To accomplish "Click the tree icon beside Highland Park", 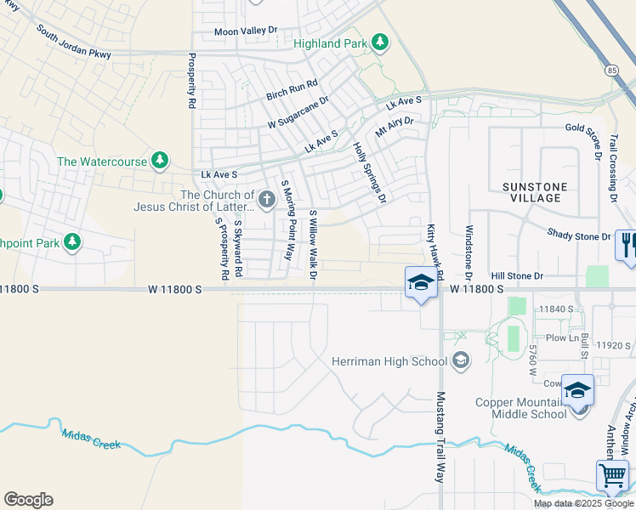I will coord(381,42).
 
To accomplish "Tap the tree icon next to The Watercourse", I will coord(159,160).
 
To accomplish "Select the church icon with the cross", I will coord(267,200).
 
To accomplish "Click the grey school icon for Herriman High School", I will coord(461,360).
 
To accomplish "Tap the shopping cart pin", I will coord(612,475).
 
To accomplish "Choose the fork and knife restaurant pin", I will coord(627,245).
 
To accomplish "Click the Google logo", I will coord(28,500).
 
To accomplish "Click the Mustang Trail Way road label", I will coord(440,437).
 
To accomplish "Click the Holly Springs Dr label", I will coord(370,173).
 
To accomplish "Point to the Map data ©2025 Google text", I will coord(582,503).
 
